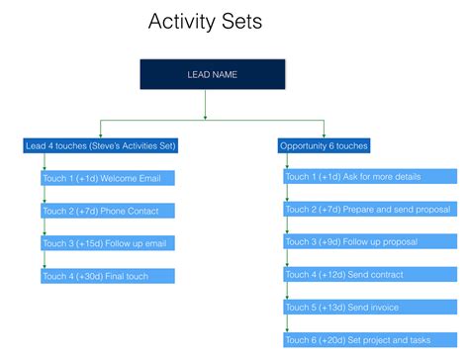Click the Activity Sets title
coord(205,21)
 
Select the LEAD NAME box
coord(212,75)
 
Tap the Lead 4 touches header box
coord(101,146)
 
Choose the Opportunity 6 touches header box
coord(325,146)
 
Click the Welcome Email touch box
coord(108,179)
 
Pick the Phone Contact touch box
coord(108,212)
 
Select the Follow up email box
coord(108,243)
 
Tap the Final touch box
coord(108,276)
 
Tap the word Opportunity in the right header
coord(303,146)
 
